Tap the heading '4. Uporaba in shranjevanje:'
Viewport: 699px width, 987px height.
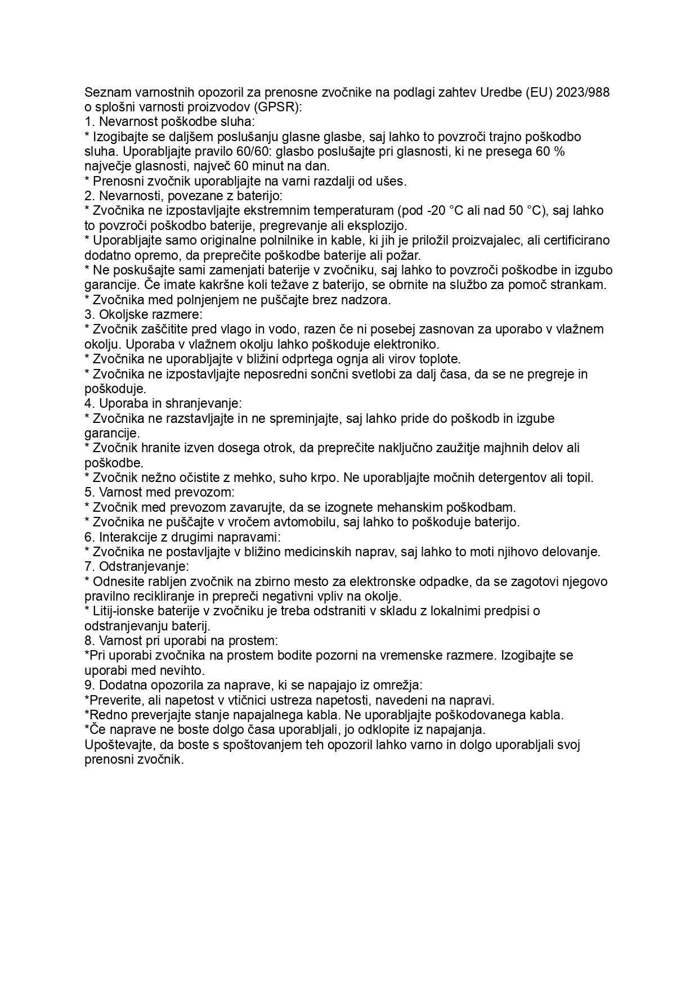pos(163,403)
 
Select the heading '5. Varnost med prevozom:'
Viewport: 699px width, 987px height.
pos(159,493)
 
